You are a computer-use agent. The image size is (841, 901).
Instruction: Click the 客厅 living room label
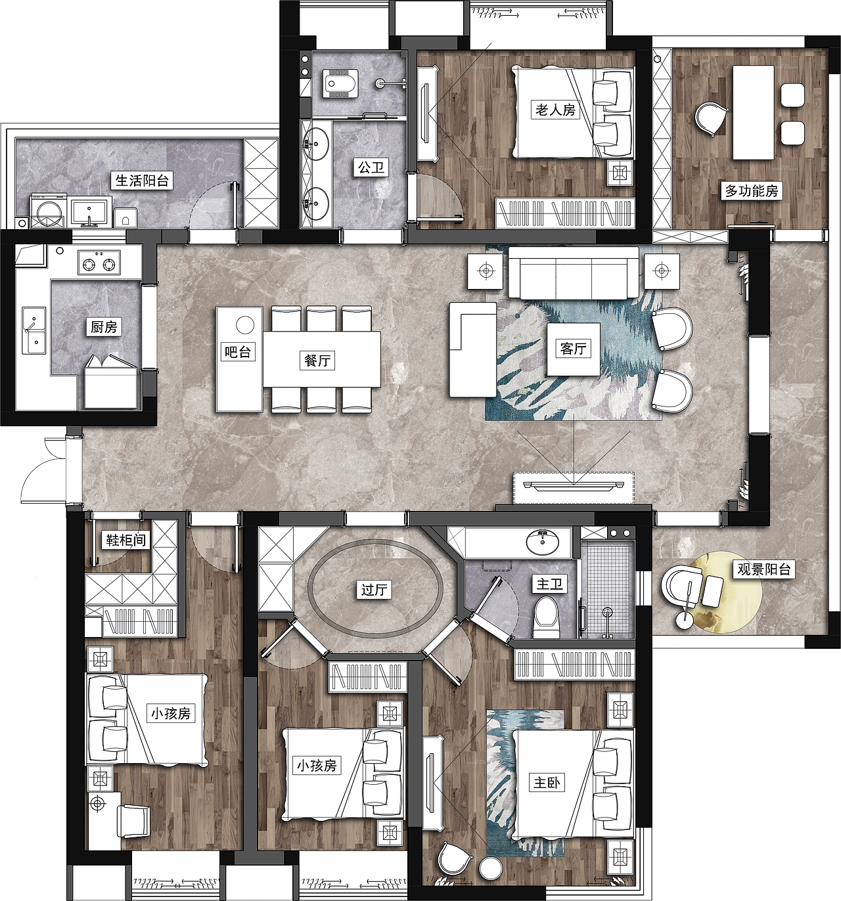click(573, 349)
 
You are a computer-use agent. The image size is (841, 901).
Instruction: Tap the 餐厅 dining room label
click(317, 361)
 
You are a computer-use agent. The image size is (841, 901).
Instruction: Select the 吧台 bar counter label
click(237, 351)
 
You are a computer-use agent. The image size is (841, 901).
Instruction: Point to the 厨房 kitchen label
click(104, 326)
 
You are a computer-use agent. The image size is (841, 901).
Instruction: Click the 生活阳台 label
click(143, 181)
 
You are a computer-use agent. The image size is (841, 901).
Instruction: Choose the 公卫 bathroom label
click(371, 168)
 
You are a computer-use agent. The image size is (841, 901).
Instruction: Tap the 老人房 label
click(555, 110)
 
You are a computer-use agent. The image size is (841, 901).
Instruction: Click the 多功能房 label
click(752, 191)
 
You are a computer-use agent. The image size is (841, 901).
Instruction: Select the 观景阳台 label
click(764, 569)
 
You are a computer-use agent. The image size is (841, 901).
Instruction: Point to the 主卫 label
click(549, 584)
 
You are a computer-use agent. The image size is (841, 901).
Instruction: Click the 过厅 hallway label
click(375, 590)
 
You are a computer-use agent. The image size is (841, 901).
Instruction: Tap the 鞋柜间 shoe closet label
click(126, 539)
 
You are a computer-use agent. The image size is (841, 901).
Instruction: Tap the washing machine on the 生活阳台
click(47, 211)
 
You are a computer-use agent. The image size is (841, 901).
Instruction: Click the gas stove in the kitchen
click(99, 263)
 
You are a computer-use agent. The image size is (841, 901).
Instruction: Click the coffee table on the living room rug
click(573, 349)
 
